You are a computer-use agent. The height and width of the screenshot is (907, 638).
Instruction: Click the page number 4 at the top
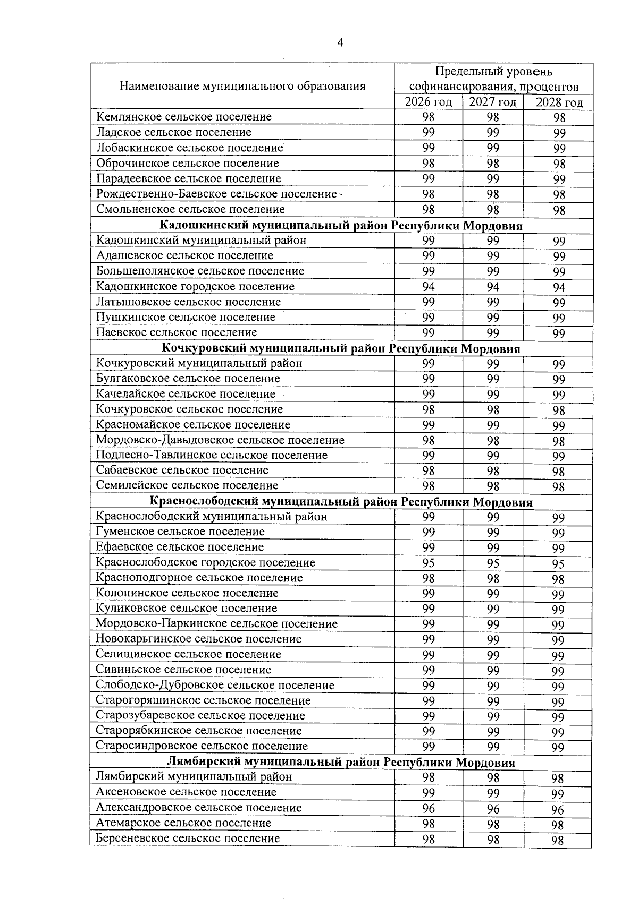[340, 43]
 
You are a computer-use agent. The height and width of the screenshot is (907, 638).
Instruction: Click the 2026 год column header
[428, 102]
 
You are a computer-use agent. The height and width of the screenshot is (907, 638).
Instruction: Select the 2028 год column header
[558, 103]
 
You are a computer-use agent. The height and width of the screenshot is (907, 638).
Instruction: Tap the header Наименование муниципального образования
[242, 86]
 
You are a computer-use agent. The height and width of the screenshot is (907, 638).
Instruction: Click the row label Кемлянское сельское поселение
[184, 117]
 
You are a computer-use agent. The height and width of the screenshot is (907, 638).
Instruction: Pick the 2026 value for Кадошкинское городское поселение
[428, 287]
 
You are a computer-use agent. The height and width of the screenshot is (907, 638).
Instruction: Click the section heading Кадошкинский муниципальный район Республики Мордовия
[341, 226]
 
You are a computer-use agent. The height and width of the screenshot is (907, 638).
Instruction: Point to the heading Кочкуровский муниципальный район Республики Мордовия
[341, 348]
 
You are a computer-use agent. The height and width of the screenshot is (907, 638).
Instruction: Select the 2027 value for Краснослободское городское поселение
[493, 563]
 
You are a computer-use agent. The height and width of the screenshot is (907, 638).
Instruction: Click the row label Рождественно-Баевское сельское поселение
[217, 194]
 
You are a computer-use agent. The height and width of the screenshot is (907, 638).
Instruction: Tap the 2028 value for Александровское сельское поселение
[558, 810]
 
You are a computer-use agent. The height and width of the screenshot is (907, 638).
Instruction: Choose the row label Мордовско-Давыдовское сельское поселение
[220, 440]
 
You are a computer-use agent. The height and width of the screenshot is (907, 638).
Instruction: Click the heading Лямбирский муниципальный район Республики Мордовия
[341, 763]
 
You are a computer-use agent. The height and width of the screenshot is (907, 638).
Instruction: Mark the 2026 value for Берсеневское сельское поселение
[428, 840]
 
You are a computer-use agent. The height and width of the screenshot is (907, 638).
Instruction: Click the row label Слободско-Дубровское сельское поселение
[215, 686]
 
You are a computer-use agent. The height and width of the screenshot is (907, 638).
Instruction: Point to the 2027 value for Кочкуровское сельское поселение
[493, 410]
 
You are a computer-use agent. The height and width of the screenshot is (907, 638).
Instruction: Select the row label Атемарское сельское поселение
[183, 823]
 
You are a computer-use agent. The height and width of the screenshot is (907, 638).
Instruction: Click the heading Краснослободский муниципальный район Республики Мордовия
[341, 502]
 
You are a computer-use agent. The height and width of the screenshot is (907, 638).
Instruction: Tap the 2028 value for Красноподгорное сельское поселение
[558, 579]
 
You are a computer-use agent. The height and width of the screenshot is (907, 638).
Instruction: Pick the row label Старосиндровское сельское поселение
[202, 746]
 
